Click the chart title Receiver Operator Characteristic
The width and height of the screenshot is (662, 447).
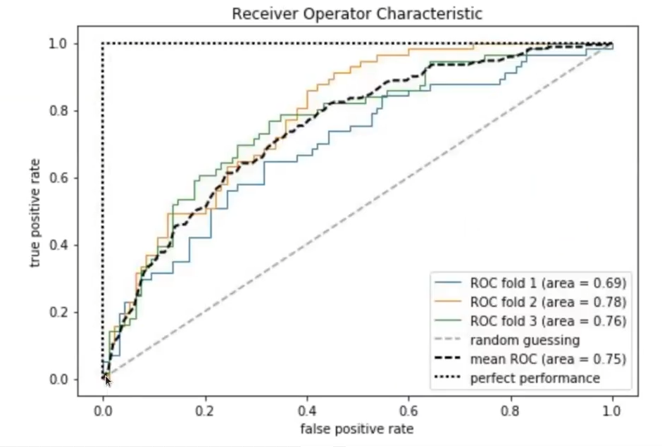[x=357, y=14]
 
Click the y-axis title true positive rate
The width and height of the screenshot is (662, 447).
[x=35, y=213]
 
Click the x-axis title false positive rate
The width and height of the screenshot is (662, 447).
[x=357, y=429]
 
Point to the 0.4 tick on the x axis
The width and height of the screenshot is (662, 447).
[x=307, y=410]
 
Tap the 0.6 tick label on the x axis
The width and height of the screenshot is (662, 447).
[x=408, y=410]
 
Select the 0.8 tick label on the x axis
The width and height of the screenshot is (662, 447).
[x=510, y=410]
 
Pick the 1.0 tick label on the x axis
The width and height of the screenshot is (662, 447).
[x=612, y=410]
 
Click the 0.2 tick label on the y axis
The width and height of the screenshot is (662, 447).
[x=58, y=313]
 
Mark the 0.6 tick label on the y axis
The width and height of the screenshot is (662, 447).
[x=58, y=178]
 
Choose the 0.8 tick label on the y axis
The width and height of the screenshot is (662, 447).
[x=58, y=111]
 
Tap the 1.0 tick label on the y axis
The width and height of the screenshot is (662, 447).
[x=58, y=44]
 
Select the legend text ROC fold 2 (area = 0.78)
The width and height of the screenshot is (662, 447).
[x=548, y=302]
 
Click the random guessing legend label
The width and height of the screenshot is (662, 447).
[x=525, y=340]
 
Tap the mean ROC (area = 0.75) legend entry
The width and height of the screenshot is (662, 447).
[x=548, y=359]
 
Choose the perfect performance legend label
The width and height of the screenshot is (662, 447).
[x=535, y=378]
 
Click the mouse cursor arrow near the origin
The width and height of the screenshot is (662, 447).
[x=108, y=381]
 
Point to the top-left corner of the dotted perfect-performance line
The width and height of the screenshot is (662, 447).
[x=103, y=44]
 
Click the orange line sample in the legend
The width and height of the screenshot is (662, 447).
[x=447, y=301]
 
